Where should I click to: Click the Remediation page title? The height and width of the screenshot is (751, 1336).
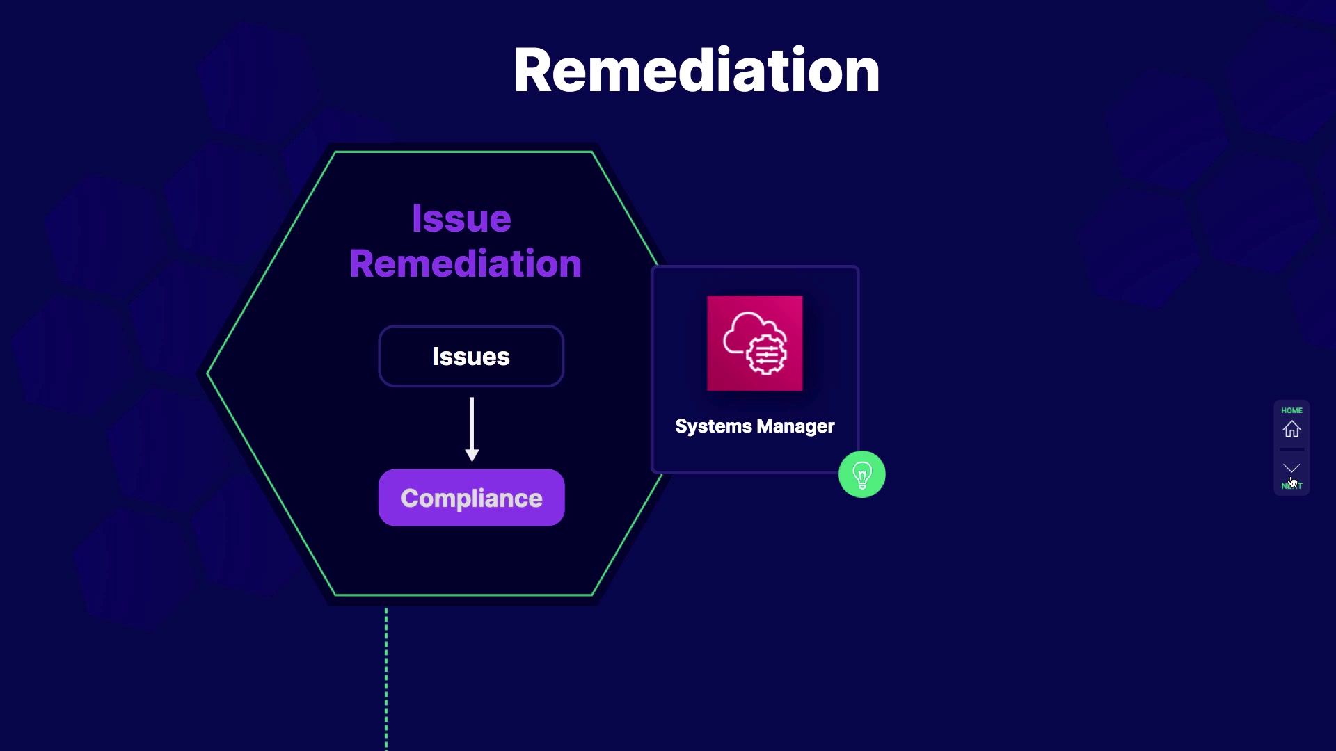pyautogui.click(x=697, y=71)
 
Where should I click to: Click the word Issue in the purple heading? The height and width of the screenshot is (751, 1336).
pyautogui.click(x=461, y=219)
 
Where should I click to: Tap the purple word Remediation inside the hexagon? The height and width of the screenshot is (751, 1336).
pyautogui.click(x=466, y=264)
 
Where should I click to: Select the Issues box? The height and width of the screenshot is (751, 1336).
pyautogui.click(x=471, y=356)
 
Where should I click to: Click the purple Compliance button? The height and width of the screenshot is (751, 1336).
pyautogui.click(x=471, y=498)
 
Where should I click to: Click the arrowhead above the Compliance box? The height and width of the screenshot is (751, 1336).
pyautogui.click(x=472, y=455)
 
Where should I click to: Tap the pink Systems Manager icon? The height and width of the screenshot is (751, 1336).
pyautogui.click(x=754, y=343)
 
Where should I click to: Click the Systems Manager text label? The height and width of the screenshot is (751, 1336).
pyautogui.click(x=754, y=426)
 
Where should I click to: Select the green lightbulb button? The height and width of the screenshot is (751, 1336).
pyautogui.click(x=861, y=475)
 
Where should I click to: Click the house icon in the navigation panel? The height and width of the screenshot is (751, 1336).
pyautogui.click(x=1291, y=429)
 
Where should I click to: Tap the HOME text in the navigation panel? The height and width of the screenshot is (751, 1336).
pyautogui.click(x=1291, y=410)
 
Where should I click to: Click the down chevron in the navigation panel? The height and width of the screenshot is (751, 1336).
pyautogui.click(x=1291, y=468)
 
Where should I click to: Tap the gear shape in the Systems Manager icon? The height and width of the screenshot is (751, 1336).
pyautogui.click(x=767, y=355)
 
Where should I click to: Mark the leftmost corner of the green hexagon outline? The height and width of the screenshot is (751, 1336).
pyautogui.click(x=208, y=374)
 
